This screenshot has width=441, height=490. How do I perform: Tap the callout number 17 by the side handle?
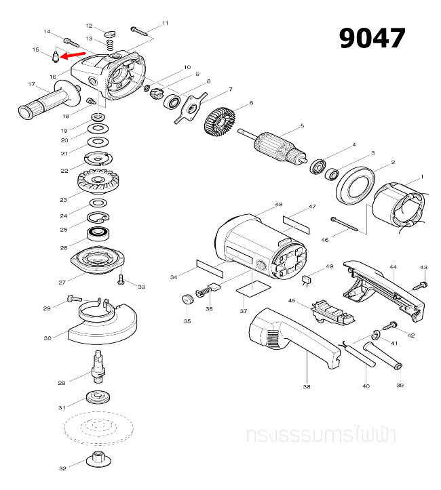31,85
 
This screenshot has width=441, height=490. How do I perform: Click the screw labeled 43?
422,284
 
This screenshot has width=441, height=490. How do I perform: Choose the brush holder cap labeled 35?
185,300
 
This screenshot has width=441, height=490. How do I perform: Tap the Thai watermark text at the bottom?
322,434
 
